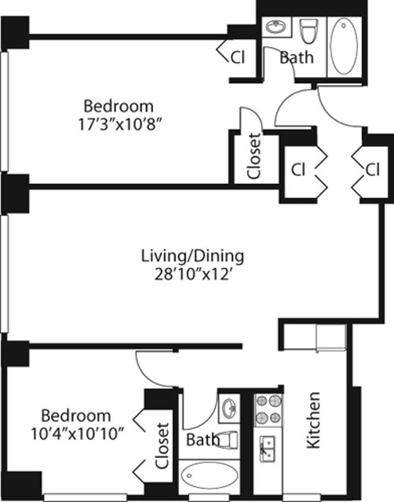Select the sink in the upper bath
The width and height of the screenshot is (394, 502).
274,27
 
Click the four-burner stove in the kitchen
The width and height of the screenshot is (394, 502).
268,409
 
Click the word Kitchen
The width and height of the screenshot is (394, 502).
313,420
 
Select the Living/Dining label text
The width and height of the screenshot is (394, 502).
193,256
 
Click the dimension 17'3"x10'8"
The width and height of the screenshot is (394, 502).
118,123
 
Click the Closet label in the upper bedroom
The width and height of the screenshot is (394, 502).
254,156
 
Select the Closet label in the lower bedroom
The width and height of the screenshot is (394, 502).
163,446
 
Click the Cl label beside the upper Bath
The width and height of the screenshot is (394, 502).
237,58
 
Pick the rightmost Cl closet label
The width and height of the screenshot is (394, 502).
372,170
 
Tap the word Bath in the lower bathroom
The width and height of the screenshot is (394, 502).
202,439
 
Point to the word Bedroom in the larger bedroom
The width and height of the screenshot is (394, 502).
118,106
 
